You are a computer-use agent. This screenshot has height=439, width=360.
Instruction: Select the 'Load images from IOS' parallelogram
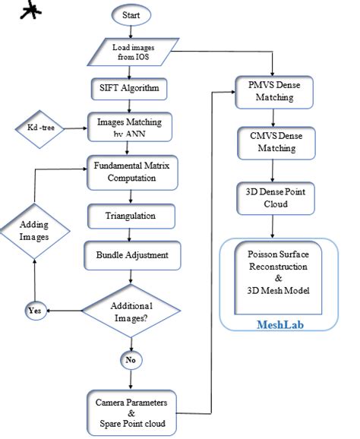pos(132,54)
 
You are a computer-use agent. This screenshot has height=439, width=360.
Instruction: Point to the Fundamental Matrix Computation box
pos(132,172)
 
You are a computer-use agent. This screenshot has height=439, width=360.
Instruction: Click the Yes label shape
pos(35,309)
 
